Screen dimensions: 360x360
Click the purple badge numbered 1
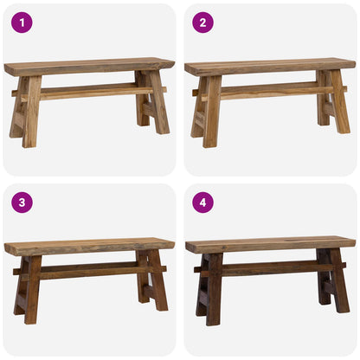[x=22, y=22]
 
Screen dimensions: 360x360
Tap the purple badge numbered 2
[x=202, y=22]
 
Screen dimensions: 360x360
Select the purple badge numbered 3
[x=22, y=202]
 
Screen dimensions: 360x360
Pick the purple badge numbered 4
[x=202, y=202]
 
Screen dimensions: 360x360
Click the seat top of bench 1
[x=87, y=67]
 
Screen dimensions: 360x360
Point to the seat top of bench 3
[x=87, y=247]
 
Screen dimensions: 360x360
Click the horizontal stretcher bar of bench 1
[x=87, y=90]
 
